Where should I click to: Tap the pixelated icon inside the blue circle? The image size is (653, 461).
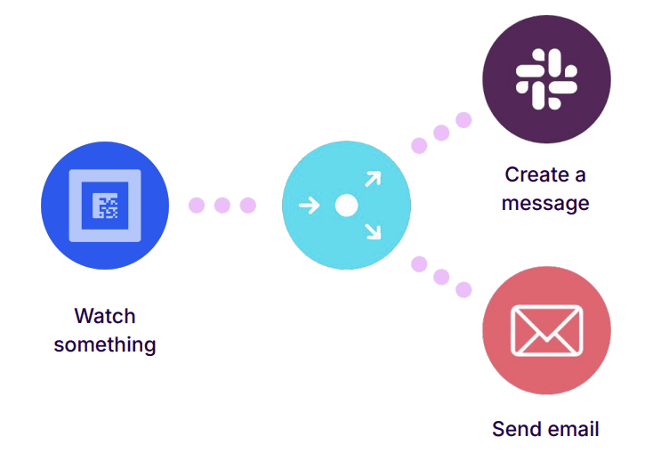pos(106,206)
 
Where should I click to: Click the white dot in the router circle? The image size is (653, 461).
pos(346,206)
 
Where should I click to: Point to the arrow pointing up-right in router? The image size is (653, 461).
pos(372,180)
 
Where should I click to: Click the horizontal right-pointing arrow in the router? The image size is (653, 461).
pos(309,206)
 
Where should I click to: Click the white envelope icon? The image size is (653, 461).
pos(546,330)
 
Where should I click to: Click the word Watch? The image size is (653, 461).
pos(105,316)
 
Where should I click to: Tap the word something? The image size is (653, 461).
pos(105,344)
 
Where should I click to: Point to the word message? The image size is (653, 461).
pos(545,203)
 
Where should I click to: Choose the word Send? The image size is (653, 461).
pos(514,429)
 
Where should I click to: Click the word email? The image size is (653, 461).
pos(571,429)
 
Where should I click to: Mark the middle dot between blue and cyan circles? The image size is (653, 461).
pos(222,206)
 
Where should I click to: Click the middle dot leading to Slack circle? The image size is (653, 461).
pos(441,133)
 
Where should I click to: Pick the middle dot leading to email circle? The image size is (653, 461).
pos(441,277)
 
